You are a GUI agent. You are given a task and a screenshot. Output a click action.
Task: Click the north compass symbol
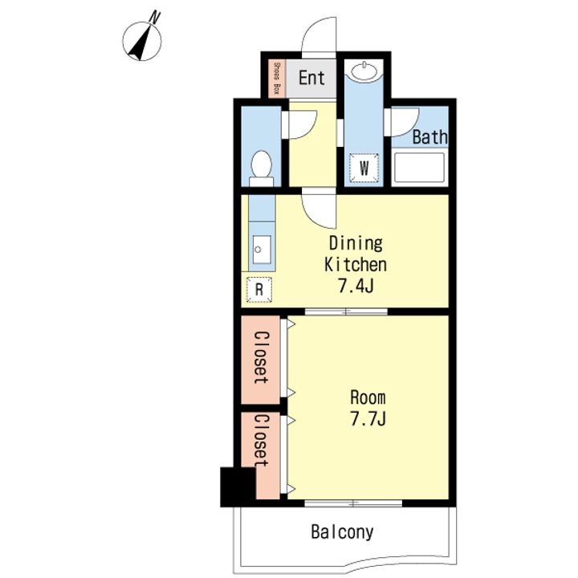(x=142, y=39)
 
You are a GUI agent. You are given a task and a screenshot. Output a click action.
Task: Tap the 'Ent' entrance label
(x=311, y=78)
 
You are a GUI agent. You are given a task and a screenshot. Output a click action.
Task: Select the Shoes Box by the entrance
(x=277, y=79)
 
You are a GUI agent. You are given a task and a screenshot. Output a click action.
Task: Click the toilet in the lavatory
(x=262, y=169)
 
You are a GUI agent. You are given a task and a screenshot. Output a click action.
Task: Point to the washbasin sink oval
(x=364, y=71)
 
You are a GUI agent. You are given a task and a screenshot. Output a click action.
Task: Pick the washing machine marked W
(x=364, y=168)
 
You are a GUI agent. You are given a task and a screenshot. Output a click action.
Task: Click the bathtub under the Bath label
(x=419, y=168)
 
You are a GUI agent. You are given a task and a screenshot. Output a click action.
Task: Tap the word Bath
(x=429, y=137)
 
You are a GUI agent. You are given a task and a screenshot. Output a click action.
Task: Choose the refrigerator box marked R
(x=259, y=290)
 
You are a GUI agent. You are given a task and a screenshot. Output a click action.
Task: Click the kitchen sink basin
(x=262, y=250)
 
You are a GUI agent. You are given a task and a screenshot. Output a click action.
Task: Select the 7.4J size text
(x=356, y=286)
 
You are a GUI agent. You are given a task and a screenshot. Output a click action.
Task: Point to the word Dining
(x=356, y=243)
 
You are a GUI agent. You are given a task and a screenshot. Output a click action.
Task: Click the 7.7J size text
(x=368, y=419)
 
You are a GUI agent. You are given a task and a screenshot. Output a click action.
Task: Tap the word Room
(x=368, y=397)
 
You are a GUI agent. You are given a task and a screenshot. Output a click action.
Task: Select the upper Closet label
(x=262, y=357)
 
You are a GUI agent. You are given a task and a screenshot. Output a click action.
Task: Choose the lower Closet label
(x=262, y=441)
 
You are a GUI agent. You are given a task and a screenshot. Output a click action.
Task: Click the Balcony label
(x=342, y=532)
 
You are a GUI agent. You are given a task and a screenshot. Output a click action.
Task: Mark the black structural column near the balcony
(x=238, y=486)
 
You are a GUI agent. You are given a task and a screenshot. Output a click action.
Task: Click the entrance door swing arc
(x=319, y=36)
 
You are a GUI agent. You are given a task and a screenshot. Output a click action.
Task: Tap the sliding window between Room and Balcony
(x=353, y=503)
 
